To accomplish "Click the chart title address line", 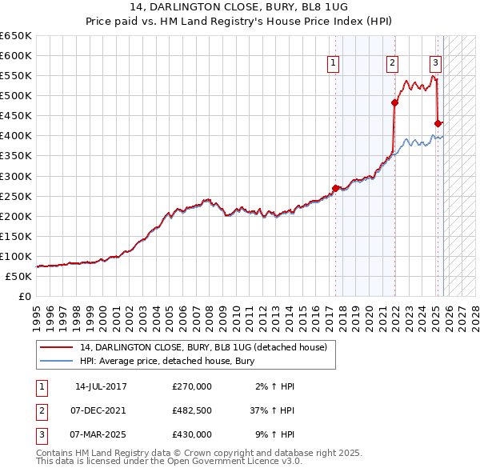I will coord(239,7).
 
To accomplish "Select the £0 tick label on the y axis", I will coord(24,297).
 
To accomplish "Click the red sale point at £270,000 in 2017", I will coord(335,188).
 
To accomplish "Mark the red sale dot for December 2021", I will coord(394,102).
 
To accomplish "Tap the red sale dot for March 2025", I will coord(438,123).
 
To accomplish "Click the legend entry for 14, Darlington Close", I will coord(203,347).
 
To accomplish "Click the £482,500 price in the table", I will coord(192,410).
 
